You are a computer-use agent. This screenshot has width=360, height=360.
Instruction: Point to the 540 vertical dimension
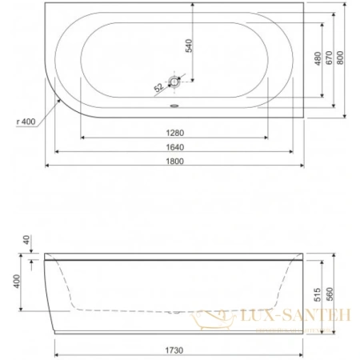point(189,46)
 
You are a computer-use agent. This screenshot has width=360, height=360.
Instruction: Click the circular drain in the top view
point(177,82)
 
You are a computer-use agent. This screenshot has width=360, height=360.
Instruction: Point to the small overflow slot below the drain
point(177,103)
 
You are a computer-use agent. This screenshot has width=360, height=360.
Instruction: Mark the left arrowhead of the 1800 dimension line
point(46,166)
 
